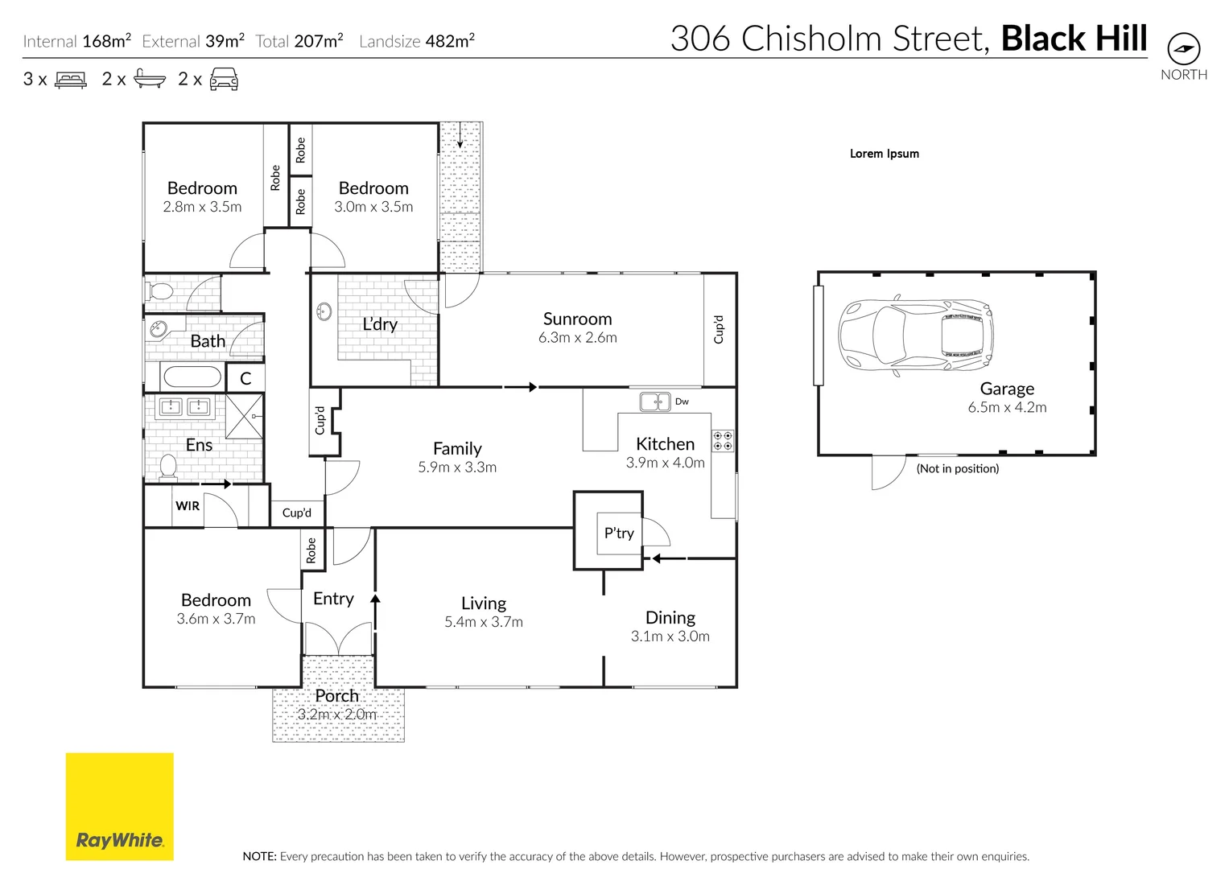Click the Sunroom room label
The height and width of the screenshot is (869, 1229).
577,319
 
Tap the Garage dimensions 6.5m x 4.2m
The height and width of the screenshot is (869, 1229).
1007,408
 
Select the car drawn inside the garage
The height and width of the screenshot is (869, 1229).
915,336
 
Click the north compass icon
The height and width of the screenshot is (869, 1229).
1183,49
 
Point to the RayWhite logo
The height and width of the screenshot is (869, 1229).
119,806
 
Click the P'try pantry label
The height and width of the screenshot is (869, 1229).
619,533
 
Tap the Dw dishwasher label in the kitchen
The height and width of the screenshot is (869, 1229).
682,402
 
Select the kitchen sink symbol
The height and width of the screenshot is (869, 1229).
655,401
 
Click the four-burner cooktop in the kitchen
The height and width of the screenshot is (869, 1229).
723,440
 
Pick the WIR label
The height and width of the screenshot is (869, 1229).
188,506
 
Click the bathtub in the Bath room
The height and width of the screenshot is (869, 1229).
192,377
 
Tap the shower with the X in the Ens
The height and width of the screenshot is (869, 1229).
244,416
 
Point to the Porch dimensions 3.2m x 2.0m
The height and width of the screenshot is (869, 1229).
336,715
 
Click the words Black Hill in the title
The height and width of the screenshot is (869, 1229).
1074,39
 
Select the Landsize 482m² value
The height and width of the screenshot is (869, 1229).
449,41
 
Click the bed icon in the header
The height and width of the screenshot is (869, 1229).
71,80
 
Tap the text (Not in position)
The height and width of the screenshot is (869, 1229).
957,468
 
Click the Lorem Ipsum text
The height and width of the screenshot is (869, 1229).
884,154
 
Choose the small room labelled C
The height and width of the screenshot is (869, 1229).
245,378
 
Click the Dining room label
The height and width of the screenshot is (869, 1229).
670,618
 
